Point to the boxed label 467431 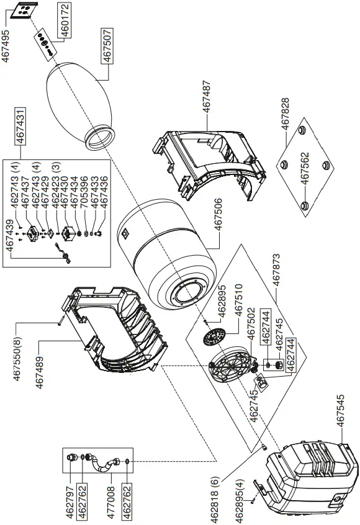coord(20,127)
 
